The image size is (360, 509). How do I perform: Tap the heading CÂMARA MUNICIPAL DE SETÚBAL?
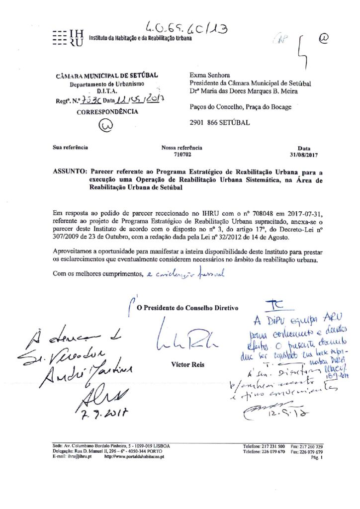(107, 76)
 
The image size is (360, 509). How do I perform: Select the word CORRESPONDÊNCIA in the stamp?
(107, 112)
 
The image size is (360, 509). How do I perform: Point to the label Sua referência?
(71, 148)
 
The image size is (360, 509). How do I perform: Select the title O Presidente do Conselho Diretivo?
(188, 308)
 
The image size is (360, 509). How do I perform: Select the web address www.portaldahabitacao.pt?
(134, 456)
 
